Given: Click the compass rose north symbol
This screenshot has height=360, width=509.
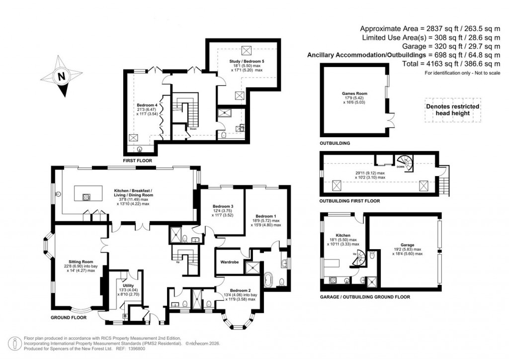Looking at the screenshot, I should coord(61,77).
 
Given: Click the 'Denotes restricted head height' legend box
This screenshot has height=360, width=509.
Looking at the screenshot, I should coord(452,110).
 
